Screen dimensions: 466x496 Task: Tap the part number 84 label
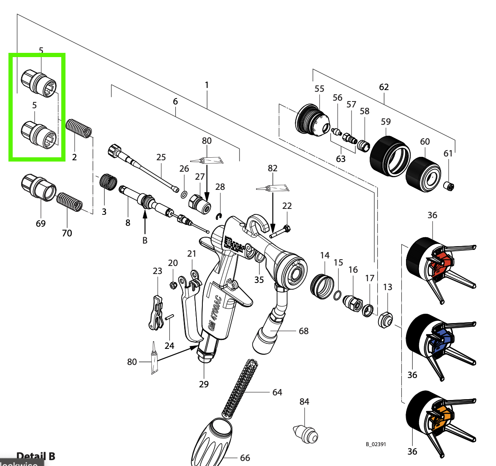click(x=304, y=401)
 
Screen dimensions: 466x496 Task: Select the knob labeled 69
click(x=38, y=188)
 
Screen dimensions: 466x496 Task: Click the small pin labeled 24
click(x=169, y=317)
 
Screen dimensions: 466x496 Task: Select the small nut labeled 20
click(x=173, y=285)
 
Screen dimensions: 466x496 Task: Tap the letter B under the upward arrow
click(x=145, y=240)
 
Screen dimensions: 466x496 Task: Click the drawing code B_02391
click(x=376, y=444)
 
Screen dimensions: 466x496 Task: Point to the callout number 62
click(x=384, y=87)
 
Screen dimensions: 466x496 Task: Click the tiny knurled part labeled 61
click(x=449, y=185)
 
